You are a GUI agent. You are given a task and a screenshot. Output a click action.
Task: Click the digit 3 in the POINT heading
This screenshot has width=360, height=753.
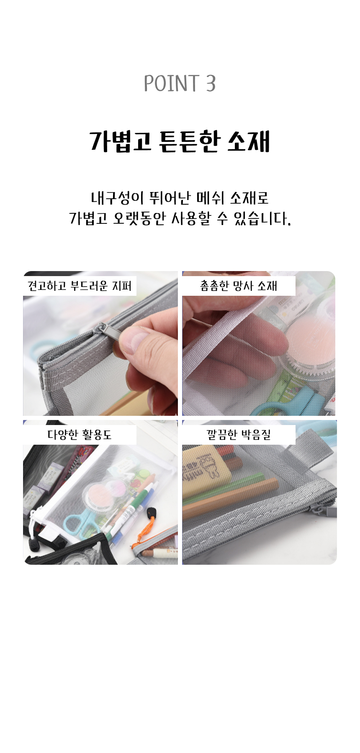211,83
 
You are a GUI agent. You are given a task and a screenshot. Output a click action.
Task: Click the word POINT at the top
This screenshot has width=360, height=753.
171,83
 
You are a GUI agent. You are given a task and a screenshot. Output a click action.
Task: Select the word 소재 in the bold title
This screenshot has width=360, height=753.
249,141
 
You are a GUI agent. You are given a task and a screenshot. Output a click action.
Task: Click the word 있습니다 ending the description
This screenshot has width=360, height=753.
262,218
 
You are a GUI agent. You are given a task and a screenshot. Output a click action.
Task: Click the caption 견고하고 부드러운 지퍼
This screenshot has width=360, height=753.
80,286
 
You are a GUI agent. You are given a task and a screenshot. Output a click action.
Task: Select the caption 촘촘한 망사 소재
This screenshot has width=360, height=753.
239,286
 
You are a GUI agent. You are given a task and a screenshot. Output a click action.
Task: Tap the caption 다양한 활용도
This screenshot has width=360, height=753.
80,435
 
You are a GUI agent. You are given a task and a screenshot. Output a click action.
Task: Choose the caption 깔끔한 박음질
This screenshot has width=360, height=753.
239,435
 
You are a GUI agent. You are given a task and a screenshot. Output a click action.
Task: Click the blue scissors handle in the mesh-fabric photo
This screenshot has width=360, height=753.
289,400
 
